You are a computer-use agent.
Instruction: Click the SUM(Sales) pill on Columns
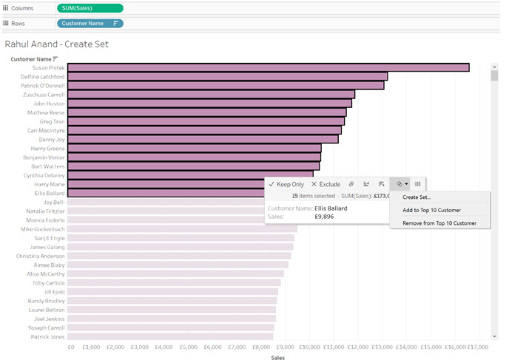click(x=90, y=8)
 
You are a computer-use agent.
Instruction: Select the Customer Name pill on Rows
click(x=90, y=24)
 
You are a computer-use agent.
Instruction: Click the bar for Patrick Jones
click(x=170, y=336)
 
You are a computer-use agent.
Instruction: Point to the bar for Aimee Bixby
click(x=178, y=265)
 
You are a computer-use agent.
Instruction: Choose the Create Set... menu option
click(x=417, y=197)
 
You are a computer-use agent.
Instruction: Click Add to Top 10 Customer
click(x=431, y=210)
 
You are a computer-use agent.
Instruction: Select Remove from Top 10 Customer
click(x=439, y=223)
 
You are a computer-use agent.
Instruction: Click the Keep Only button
click(x=286, y=184)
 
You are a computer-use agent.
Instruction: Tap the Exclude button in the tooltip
click(x=326, y=184)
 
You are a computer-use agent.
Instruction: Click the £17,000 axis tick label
click(x=477, y=346)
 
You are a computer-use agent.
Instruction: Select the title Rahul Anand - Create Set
click(x=57, y=44)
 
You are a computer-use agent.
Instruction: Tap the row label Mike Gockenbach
click(x=45, y=229)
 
